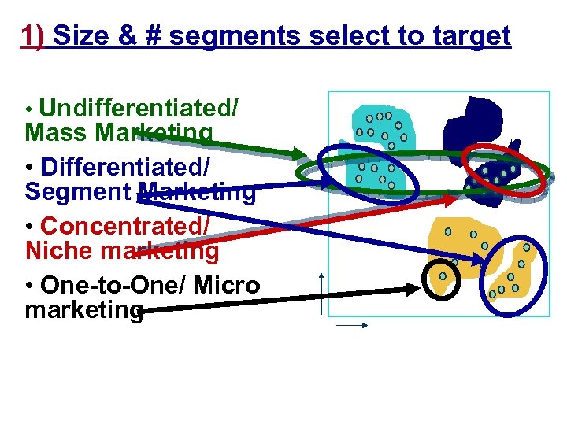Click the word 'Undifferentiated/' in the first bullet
coord(139,108)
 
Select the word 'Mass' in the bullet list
coord(57,132)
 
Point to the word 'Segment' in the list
coord(80,191)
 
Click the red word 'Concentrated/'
coord(125,225)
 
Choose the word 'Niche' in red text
coord(60,251)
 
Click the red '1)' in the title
coord(33,35)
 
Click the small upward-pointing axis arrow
coord(322,277)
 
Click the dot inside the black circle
coord(443,276)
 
